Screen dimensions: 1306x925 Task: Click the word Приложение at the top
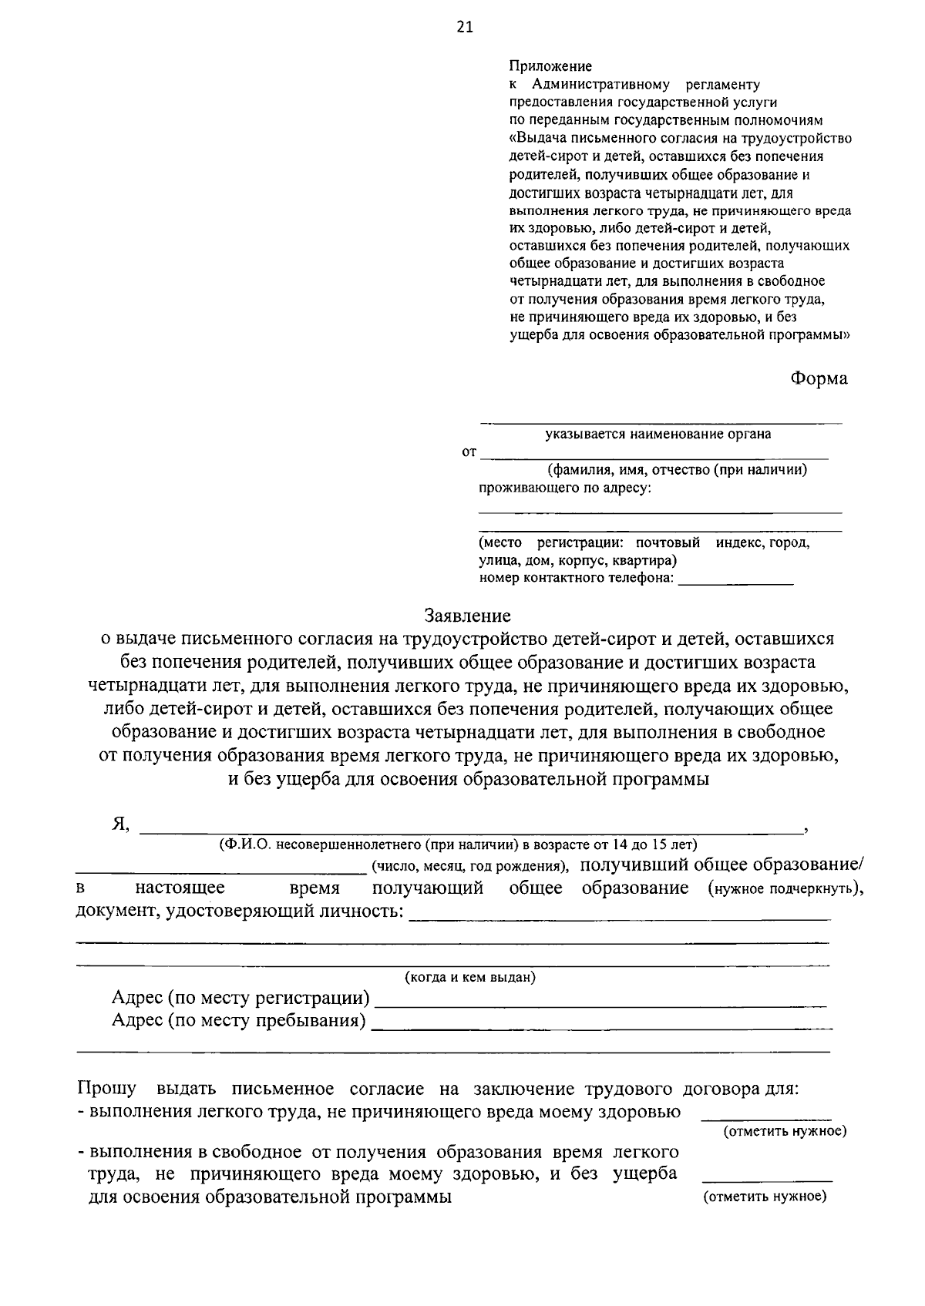550,67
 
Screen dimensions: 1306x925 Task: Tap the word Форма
818,378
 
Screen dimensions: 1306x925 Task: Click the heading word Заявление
467,616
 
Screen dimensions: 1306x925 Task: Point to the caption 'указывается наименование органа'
658,434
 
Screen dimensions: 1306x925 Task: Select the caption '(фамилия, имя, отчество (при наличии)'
677,470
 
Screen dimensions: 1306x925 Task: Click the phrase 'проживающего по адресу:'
565,488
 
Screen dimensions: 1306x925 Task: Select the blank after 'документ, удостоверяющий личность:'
619,914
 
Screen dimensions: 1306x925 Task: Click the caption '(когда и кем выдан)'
470,977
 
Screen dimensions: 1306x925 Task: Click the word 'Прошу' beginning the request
106,1089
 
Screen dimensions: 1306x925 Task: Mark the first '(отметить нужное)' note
784,1131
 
